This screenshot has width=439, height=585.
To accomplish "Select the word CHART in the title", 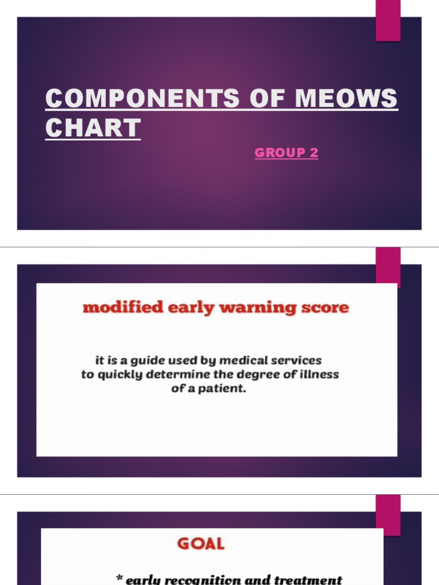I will pyautogui.click(x=93, y=128).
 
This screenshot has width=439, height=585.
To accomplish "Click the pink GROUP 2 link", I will pyautogui.click(x=286, y=153).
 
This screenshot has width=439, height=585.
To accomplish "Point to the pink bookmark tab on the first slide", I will pyautogui.click(x=388, y=21).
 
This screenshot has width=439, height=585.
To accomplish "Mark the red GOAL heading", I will pyautogui.click(x=201, y=544).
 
